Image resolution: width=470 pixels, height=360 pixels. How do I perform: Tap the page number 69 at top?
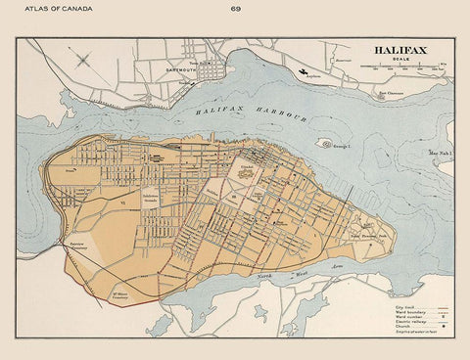coord(236,10)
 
